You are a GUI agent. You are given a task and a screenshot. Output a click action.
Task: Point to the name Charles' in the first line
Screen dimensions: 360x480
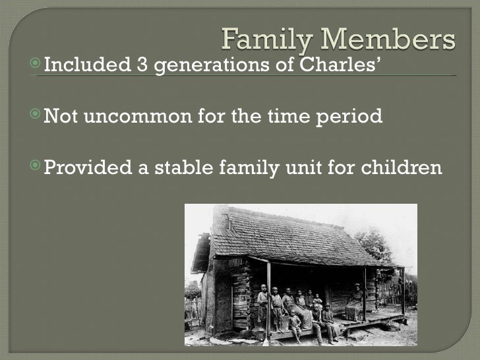[x=343, y=66]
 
